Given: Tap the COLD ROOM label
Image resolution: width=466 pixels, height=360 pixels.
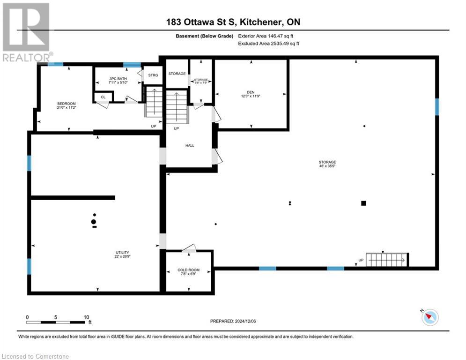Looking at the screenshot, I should [188, 270].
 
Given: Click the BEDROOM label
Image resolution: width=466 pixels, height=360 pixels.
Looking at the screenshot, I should [66, 104].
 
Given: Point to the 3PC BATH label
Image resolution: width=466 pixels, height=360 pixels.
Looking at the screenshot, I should [118, 78].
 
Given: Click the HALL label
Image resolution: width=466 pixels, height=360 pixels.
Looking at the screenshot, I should [190, 145].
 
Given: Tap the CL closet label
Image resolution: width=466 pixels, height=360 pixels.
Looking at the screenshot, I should [104, 97].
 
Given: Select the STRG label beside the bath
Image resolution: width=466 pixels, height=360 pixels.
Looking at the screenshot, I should [153, 75].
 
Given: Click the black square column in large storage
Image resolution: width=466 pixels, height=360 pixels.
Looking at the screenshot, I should [363, 203].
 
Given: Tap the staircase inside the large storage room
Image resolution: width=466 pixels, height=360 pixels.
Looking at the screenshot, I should [387, 259].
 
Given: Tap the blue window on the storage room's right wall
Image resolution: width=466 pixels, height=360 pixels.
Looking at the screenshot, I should [437, 106].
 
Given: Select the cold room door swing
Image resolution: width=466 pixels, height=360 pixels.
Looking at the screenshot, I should [189, 248].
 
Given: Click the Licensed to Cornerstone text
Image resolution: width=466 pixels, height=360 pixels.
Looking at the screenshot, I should [36, 356].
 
